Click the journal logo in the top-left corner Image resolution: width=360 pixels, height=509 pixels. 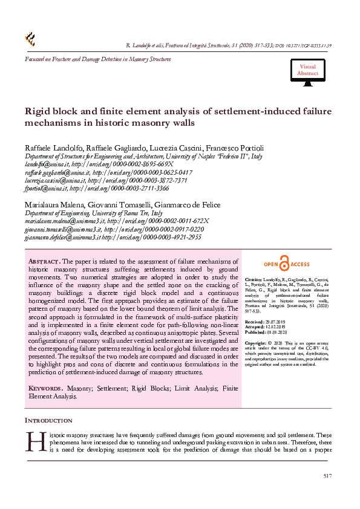30,39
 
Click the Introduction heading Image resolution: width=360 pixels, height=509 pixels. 48,420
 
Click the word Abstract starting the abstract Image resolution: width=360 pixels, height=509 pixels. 43,261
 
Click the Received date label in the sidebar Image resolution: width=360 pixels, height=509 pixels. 255,322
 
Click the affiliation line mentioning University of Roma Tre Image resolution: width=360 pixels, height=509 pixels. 93,213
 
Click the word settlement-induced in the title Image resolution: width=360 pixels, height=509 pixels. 249,111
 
